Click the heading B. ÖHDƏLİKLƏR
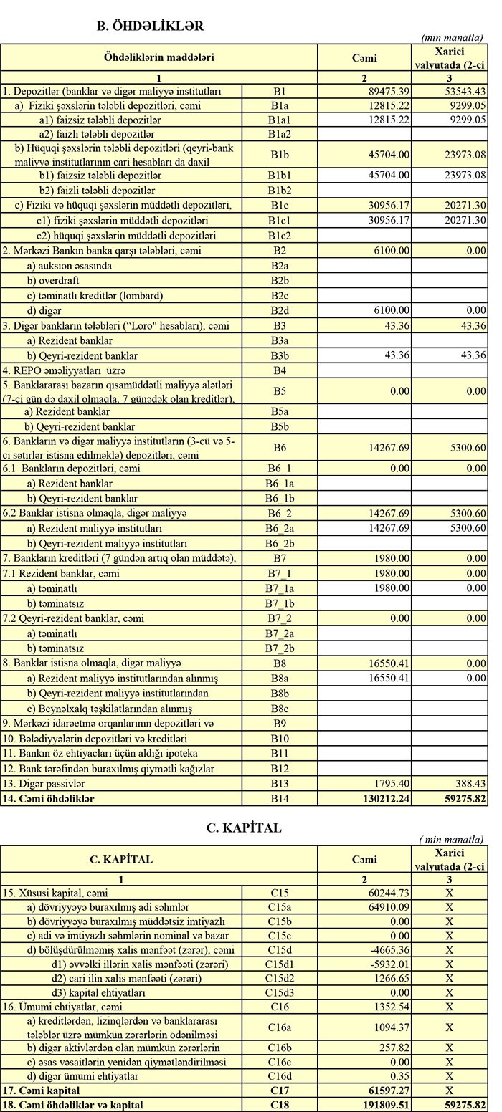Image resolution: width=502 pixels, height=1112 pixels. (150, 26)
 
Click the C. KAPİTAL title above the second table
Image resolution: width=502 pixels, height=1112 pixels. (244, 828)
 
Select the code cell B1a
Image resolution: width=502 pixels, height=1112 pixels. (279, 105)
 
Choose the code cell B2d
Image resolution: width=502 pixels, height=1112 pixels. (279, 310)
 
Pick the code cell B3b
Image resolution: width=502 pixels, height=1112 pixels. (279, 355)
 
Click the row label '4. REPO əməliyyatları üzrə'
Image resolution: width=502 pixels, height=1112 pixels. (65, 370)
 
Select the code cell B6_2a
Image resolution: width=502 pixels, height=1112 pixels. (279, 528)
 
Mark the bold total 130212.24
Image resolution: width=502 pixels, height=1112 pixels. (387, 798)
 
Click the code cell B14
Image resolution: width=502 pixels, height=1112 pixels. (279, 798)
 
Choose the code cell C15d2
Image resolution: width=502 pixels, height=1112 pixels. (279, 978)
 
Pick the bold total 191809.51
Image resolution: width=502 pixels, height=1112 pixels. (387, 1105)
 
